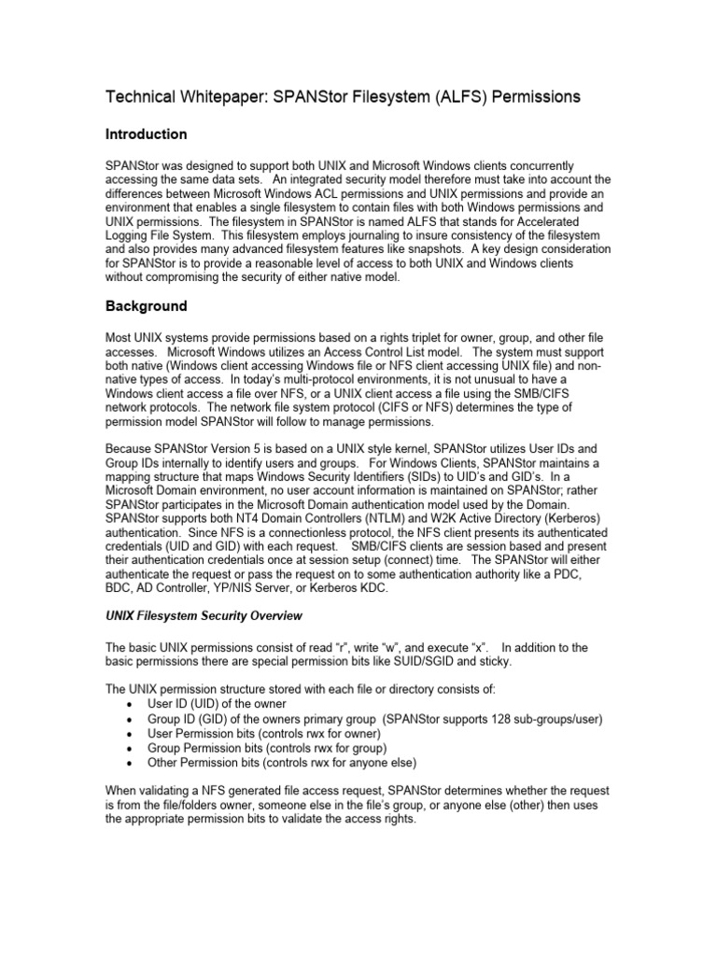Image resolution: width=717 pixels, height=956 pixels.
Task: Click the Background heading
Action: click(x=146, y=306)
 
